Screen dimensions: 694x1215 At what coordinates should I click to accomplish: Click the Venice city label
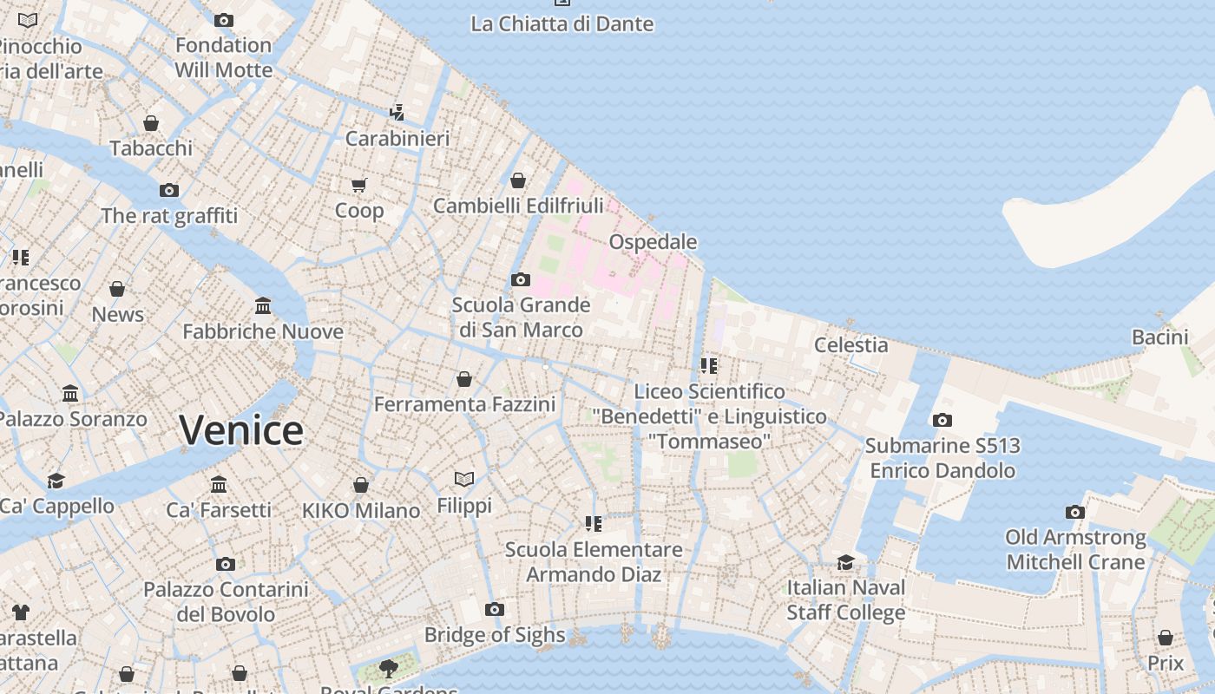click(x=241, y=430)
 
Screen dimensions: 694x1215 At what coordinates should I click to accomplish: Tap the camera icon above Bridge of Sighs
click(x=495, y=610)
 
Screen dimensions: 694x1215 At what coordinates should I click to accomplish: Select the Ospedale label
click(x=653, y=241)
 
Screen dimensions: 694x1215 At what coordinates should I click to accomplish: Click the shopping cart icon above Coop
click(x=359, y=185)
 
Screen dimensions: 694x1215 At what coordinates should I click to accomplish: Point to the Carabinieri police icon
click(x=397, y=112)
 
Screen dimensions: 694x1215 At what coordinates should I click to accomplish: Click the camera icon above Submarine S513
click(x=942, y=421)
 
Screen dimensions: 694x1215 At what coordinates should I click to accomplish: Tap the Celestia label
click(x=850, y=345)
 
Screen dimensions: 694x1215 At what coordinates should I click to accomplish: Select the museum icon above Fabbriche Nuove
click(x=263, y=306)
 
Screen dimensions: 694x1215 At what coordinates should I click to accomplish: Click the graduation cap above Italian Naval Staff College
click(x=845, y=562)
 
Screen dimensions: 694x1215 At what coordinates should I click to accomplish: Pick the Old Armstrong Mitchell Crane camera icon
click(x=1075, y=513)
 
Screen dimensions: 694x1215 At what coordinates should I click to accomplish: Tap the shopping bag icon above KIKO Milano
click(x=361, y=485)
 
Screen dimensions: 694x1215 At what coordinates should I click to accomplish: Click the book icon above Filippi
click(x=464, y=479)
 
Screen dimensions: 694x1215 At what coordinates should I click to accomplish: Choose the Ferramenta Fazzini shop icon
click(x=464, y=379)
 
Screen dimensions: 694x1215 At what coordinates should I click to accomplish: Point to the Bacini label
click(x=1159, y=337)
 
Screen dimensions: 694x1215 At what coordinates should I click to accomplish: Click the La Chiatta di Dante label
click(x=562, y=24)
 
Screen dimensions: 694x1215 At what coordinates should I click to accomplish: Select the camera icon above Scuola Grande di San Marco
click(x=521, y=279)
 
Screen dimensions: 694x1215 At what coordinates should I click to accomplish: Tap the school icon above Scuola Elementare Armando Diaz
click(x=594, y=523)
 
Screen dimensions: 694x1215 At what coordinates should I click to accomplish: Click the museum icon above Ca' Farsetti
click(x=219, y=484)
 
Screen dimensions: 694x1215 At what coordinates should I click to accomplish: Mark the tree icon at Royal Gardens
click(x=389, y=668)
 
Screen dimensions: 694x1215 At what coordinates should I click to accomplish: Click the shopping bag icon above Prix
click(x=1166, y=638)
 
